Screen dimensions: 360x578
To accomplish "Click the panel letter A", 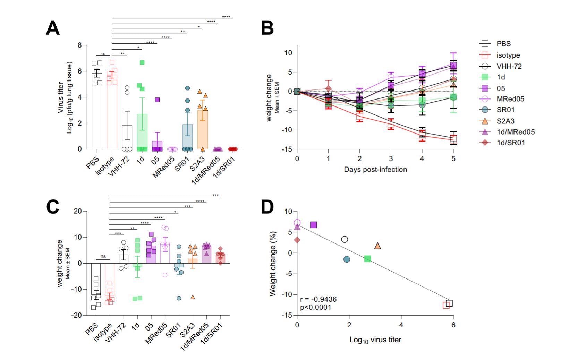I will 53,28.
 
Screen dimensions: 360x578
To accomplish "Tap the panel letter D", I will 267,207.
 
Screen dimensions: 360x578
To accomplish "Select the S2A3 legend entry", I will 505,121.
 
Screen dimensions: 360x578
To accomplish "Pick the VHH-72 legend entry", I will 509,66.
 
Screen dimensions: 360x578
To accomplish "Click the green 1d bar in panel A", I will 142,132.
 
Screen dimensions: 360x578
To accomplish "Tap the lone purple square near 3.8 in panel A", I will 157,100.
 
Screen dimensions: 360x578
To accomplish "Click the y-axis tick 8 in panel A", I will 80,45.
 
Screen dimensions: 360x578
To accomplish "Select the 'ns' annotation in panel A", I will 102,54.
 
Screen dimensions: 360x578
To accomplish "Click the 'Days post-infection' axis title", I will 375,170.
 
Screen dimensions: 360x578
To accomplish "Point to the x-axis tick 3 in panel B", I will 391,158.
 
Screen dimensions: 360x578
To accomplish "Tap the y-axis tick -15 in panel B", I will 288,149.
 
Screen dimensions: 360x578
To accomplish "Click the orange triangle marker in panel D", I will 377,246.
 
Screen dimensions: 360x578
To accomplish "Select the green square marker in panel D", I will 367,259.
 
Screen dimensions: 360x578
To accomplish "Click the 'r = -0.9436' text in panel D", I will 318,299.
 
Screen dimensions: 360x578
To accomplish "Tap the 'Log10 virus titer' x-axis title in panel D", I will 375,340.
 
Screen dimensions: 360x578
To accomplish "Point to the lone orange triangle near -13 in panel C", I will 193,297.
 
